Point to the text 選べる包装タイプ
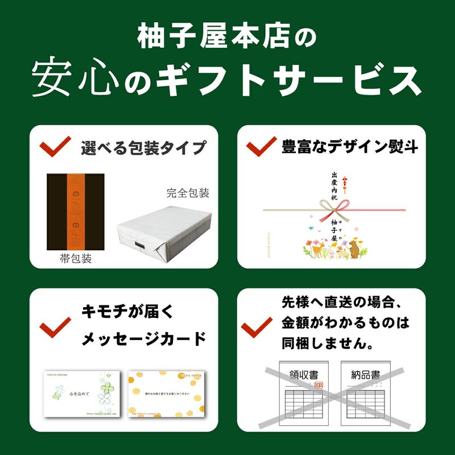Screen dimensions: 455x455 143,148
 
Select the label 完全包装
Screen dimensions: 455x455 188,193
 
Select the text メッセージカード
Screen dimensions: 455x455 143,340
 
